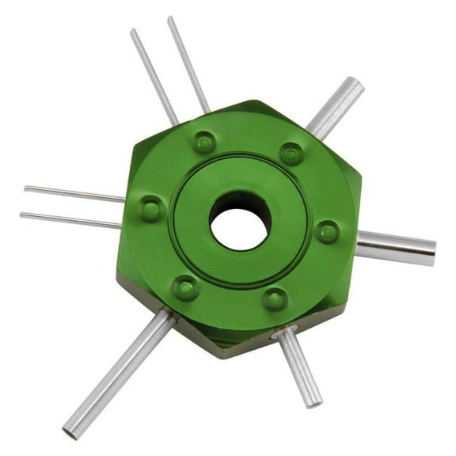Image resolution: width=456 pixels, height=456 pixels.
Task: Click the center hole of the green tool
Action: coord(240,219)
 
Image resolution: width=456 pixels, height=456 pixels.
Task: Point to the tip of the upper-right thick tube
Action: coord(356,85)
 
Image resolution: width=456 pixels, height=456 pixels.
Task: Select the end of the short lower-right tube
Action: coord(314,401)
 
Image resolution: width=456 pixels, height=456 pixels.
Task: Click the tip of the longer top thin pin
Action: coord(170,18)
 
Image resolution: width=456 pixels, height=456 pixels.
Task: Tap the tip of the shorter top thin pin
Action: coord(134,32)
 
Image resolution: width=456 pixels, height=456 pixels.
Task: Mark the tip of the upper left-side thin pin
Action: coord(26,188)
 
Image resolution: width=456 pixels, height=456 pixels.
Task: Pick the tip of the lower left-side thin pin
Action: coord(22,215)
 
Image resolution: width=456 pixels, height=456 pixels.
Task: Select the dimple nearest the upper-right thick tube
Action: coord(291,153)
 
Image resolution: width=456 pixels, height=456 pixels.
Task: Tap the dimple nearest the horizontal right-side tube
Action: coord(327,231)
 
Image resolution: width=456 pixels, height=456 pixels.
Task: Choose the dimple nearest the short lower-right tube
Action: coord(275,298)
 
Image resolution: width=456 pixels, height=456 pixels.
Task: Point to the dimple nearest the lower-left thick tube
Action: coord(186,287)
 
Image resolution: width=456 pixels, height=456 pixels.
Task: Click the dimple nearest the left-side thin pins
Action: coord(150,209)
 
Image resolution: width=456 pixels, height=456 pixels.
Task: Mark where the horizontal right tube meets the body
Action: coord(358,245)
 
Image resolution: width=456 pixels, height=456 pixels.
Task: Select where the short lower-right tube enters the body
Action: coord(283,336)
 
